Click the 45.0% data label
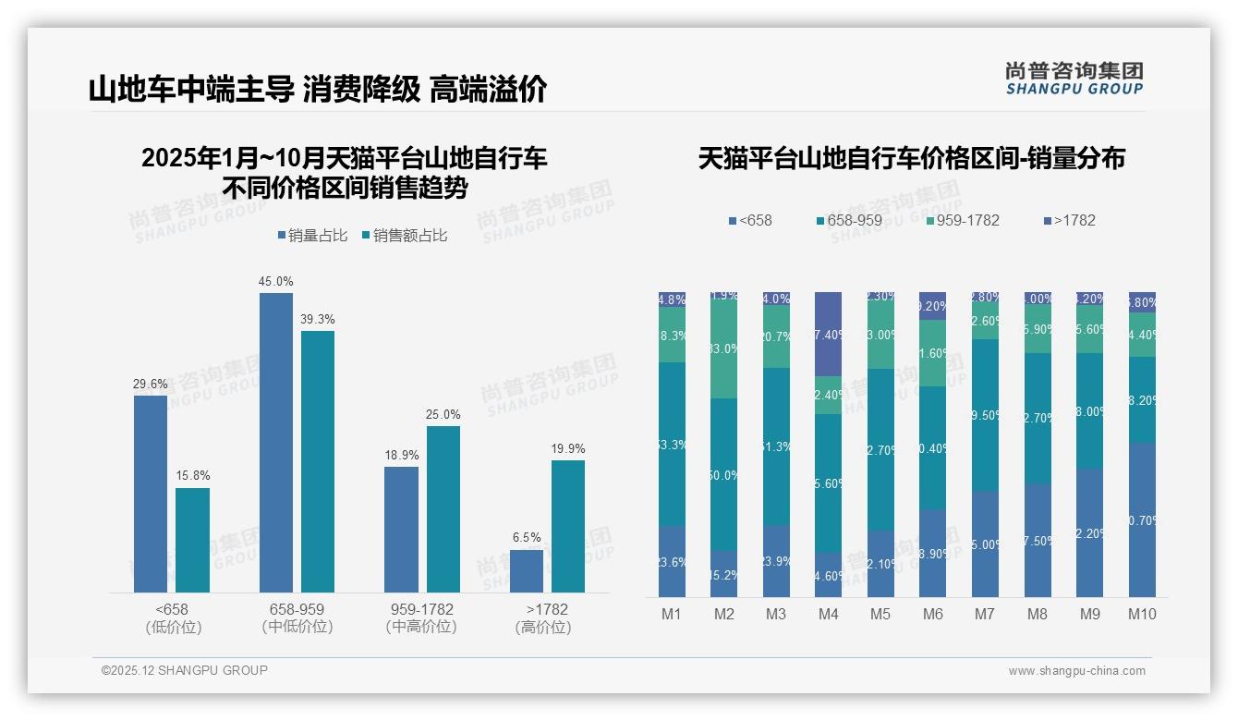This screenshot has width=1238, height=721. [276, 281]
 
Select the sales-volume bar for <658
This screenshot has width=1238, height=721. [151, 494]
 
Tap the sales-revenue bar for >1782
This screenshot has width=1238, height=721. [568, 526]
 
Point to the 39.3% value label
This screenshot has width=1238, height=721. [317, 319]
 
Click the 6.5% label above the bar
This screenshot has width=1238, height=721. [527, 537]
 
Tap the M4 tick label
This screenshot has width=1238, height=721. [828, 614]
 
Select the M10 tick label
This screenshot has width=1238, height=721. [1142, 614]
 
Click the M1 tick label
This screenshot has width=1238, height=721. [672, 614]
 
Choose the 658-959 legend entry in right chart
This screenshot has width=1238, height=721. [849, 220]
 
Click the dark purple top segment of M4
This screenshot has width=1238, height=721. [829, 334]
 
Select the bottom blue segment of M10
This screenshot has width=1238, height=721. [1142, 519]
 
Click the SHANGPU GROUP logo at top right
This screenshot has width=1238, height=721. [1074, 78]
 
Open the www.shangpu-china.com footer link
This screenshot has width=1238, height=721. [1076, 671]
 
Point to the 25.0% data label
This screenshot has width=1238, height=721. [443, 414]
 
